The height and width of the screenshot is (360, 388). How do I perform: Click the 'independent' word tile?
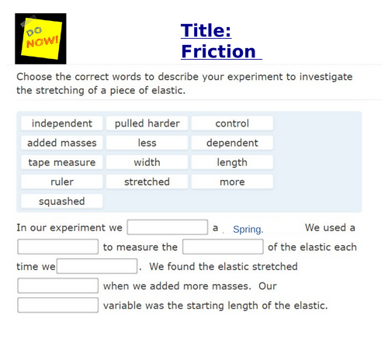pos(62,123)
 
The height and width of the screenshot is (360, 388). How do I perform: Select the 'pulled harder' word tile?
pos(147,123)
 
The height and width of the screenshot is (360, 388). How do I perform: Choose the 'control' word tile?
pos(232,123)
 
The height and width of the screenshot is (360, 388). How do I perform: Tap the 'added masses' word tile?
pos(62,143)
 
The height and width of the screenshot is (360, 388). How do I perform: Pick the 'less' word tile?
pos(147,143)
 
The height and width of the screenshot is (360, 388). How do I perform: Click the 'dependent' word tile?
pos(232,143)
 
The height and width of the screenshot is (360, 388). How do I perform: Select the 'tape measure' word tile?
pos(62,162)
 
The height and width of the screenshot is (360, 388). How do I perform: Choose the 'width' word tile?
pos(147,162)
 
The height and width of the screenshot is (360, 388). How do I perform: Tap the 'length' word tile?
pos(232,162)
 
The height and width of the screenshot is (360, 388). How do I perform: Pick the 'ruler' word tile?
pos(62,182)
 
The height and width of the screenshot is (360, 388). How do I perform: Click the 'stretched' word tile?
pos(147,182)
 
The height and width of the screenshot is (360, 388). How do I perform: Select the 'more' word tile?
pos(232,182)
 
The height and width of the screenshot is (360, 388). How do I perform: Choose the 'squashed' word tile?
pos(62,201)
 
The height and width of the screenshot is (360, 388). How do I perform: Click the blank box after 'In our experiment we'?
pos(168,227)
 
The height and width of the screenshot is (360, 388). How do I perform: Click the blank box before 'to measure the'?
pos(58,247)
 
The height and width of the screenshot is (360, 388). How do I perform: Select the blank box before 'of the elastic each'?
pos(223,247)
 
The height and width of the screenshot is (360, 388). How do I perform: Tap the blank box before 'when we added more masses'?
pos(58,286)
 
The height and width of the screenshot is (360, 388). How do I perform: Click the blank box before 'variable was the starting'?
pos(58,305)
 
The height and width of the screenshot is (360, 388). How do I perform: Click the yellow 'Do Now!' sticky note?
pos(40,39)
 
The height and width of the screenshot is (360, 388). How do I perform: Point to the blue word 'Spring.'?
pos(248,229)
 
